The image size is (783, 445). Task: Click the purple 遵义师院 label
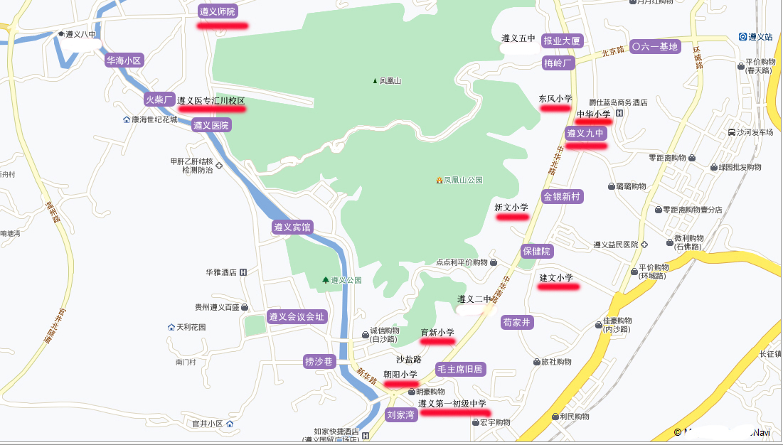point(218,11)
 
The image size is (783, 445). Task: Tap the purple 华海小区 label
point(124,60)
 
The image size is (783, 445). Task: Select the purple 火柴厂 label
point(159,100)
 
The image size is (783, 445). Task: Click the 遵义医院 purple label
point(211,125)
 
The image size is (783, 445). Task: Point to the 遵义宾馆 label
point(292,227)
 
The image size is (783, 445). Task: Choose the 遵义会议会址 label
point(296,316)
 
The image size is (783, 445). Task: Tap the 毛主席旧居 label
point(460,369)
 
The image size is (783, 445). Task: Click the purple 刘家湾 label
point(400,414)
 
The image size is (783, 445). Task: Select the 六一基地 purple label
point(655,47)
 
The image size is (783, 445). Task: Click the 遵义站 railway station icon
point(742,36)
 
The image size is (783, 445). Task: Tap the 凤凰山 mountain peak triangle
point(375,80)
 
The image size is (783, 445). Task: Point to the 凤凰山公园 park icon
point(440,180)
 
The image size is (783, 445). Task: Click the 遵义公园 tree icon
point(326,280)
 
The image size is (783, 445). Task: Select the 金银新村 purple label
point(563,196)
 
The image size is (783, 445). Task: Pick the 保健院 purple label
point(537,251)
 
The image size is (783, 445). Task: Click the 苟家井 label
point(517,322)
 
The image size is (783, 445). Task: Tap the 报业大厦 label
point(562,41)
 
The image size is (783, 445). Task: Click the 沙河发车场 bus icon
point(732,132)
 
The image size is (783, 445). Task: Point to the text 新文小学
point(511,208)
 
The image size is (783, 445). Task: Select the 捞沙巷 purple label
point(319,361)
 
